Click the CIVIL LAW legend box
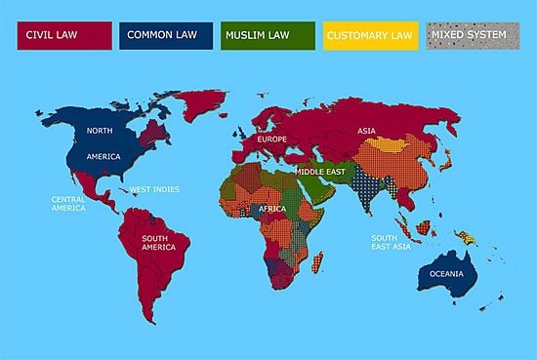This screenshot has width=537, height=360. click(61, 36)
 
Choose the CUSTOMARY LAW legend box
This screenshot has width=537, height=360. click(369, 36)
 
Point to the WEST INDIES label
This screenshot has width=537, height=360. click(154, 188)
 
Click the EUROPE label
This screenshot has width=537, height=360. click(271, 140)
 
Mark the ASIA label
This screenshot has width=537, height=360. click(366, 131)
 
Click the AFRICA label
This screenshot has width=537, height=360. click(272, 209)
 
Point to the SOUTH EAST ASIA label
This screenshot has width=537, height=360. click(390, 241)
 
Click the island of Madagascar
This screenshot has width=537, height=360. click(316, 262)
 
